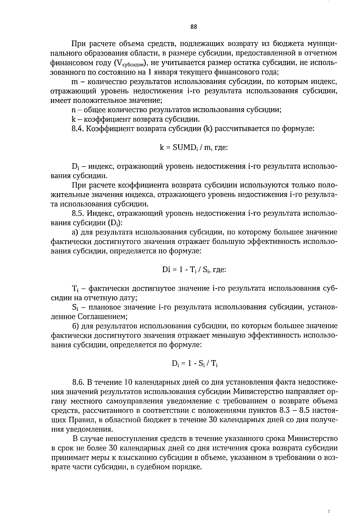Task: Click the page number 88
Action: tap(194, 27)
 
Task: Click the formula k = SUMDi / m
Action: tap(194, 148)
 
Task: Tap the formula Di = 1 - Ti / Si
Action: tap(194, 269)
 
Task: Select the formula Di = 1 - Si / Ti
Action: tap(195, 364)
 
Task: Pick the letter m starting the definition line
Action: tap(75, 82)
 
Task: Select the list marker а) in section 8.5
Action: tap(75, 232)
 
